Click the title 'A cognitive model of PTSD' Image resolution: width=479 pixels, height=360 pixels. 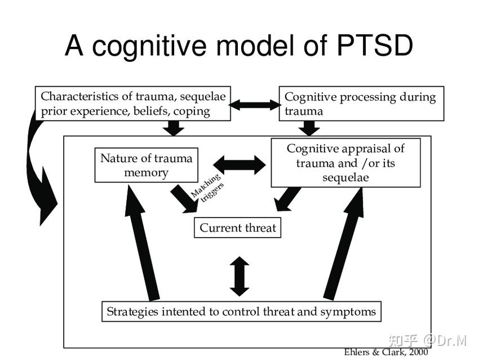tap(239, 46)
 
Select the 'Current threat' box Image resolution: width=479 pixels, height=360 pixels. tap(238, 228)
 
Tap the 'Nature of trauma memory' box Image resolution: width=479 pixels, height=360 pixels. tap(146, 165)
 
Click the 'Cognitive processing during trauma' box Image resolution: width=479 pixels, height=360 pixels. tap(361, 104)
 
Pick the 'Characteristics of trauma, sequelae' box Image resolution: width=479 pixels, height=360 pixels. tap(133, 104)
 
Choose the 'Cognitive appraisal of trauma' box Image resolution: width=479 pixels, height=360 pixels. tap(345, 163)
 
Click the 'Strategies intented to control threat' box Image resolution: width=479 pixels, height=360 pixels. tap(241, 311)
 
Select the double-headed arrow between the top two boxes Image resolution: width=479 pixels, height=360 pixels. tap(255, 105)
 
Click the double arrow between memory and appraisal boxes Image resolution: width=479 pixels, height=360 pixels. tap(239, 165)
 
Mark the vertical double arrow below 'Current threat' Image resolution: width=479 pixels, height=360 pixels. tap(239, 276)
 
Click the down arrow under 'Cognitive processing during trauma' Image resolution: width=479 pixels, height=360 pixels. tap(309, 128)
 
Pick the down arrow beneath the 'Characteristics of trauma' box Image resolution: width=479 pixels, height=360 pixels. tap(174, 128)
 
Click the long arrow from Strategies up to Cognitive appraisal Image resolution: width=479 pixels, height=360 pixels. tap(344, 242)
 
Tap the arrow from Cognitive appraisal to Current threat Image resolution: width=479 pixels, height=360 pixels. tap(288, 199)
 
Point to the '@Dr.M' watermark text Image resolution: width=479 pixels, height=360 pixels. tap(445, 340)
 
